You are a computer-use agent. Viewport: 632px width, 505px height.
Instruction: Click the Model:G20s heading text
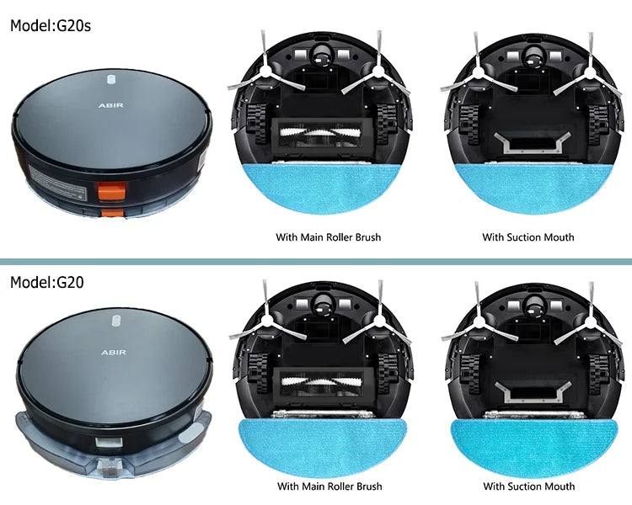click(x=51, y=25)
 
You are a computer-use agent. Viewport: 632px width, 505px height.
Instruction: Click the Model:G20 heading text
click(x=46, y=282)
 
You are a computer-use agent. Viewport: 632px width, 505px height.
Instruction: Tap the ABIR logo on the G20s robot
click(x=111, y=105)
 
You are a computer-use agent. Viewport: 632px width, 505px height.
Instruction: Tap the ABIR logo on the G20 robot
click(x=113, y=353)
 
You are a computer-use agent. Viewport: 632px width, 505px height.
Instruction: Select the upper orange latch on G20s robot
click(x=111, y=190)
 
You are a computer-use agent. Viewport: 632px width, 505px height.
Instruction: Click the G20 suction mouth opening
click(x=532, y=391)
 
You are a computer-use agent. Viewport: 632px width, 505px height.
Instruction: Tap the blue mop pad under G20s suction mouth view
click(x=533, y=185)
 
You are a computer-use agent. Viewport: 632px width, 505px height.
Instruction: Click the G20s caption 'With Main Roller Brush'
click(x=328, y=237)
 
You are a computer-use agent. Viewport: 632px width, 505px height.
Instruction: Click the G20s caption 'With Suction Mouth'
click(x=528, y=237)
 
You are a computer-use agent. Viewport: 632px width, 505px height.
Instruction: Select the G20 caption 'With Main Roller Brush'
click(x=329, y=486)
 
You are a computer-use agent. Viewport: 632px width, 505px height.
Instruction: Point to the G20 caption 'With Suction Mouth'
click(x=529, y=486)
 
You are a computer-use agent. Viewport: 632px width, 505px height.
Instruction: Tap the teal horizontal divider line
click(x=316, y=262)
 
